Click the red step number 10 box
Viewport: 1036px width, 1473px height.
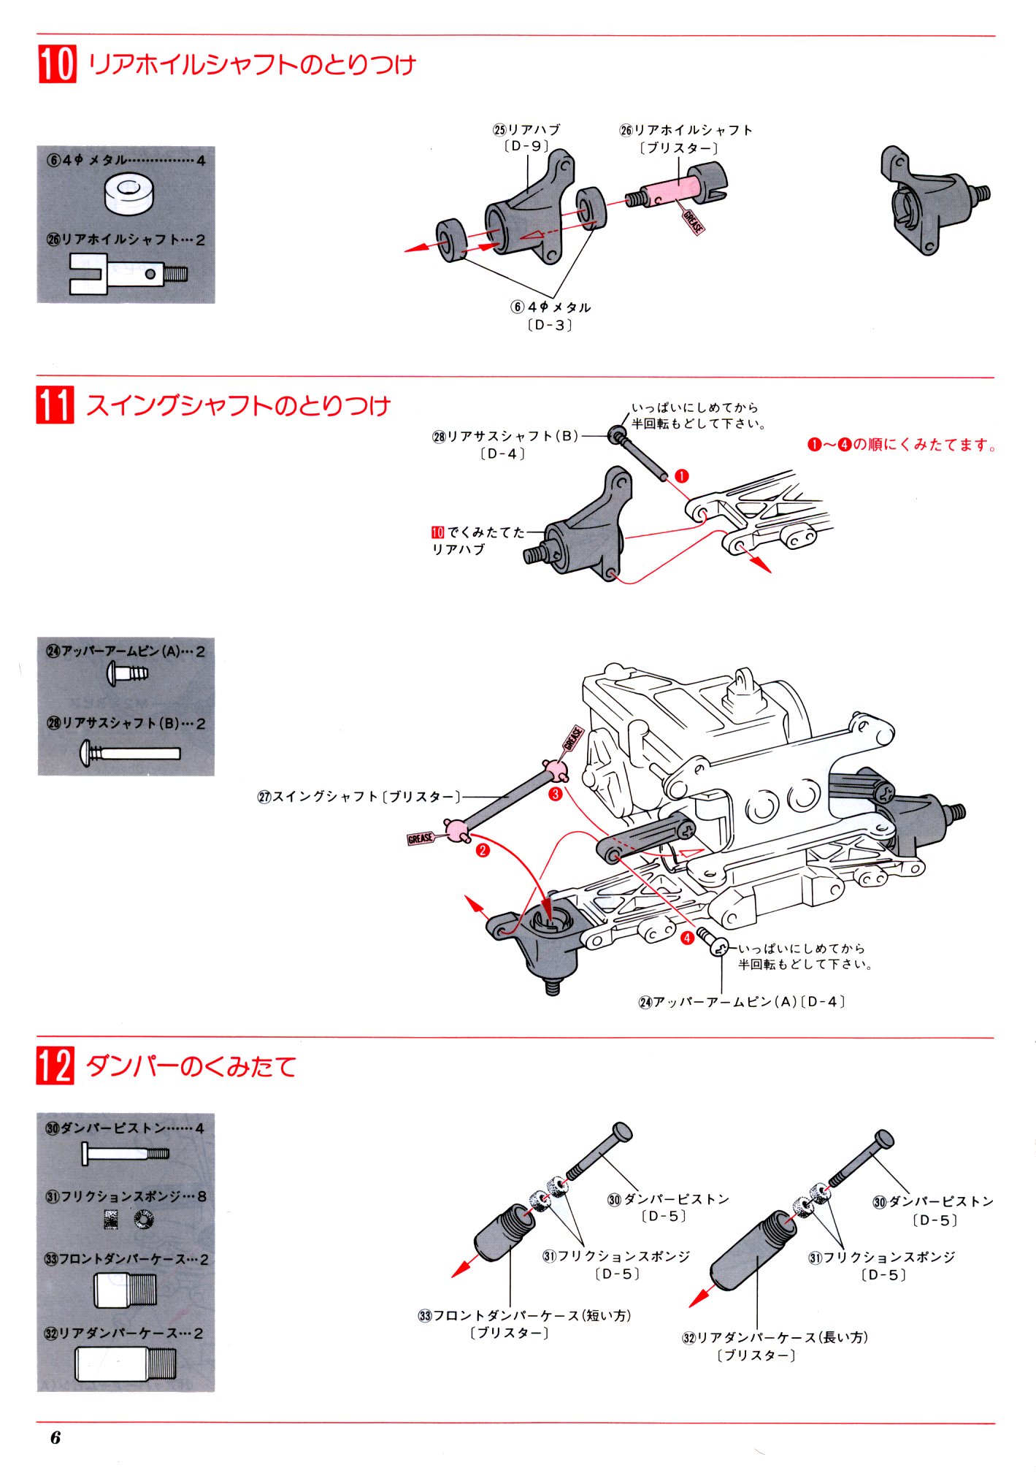(x=57, y=64)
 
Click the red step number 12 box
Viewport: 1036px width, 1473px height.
(x=55, y=1065)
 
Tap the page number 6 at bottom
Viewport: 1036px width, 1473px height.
(x=55, y=1437)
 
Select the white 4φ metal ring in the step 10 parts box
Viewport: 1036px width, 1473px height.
(x=129, y=194)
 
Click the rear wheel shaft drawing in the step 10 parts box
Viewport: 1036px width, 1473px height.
(x=128, y=274)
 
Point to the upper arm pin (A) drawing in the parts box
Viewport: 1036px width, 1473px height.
(x=127, y=673)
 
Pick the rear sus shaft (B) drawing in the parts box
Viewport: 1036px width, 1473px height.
(x=130, y=753)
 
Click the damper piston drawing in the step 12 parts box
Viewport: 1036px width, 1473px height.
(x=126, y=1155)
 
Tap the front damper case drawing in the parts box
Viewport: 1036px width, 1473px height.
(x=125, y=1290)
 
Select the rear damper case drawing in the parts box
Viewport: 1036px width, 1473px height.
(x=126, y=1363)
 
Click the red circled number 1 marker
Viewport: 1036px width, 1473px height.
(x=682, y=476)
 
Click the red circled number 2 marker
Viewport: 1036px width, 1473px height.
(x=482, y=850)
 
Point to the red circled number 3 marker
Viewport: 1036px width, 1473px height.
(x=556, y=794)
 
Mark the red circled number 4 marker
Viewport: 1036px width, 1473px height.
(x=687, y=938)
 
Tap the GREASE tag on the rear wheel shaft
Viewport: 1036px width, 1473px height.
(x=693, y=222)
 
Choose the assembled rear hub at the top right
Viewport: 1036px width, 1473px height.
(x=934, y=199)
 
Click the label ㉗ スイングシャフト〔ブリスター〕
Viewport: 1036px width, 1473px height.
(x=359, y=797)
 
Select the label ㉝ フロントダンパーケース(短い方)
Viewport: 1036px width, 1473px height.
(x=524, y=1315)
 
